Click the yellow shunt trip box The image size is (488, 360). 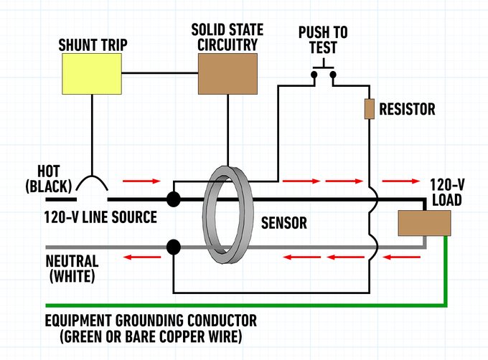click(92, 75)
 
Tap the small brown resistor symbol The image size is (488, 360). click(370, 109)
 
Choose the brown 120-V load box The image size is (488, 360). click(424, 223)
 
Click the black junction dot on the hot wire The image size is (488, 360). click(173, 199)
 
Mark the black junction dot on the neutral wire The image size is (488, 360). click(173, 247)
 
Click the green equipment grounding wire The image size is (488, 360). click(244, 305)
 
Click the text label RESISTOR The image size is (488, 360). click(407, 110)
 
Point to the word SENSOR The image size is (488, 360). click(283, 223)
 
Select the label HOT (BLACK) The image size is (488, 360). click(48, 179)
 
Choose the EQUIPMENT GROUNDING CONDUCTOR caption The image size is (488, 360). click(151, 327)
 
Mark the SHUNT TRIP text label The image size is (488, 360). click(93, 44)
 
